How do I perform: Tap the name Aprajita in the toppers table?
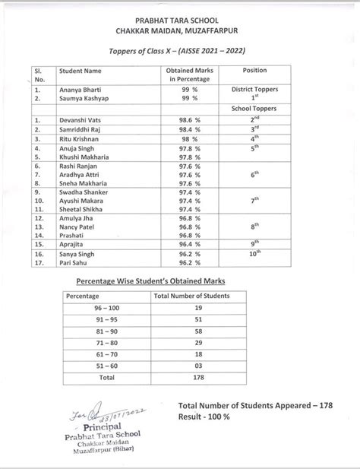coord(73,245)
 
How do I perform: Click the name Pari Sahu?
coord(74,263)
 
